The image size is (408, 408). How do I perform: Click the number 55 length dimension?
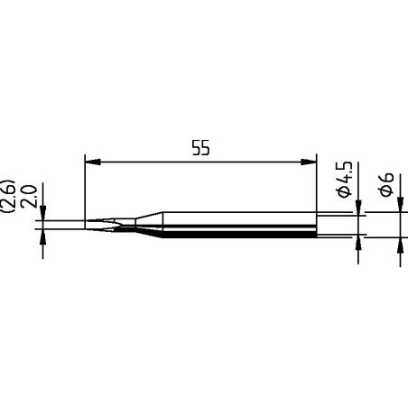click(x=200, y=149)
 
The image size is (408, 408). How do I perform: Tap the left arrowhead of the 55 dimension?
click(x=89, y=163)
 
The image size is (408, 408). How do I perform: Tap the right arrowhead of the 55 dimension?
click(x=311, y=163)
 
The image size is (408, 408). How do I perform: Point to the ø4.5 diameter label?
click(x=344, y=185)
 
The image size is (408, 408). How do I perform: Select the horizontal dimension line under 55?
click(x=200, y=163)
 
